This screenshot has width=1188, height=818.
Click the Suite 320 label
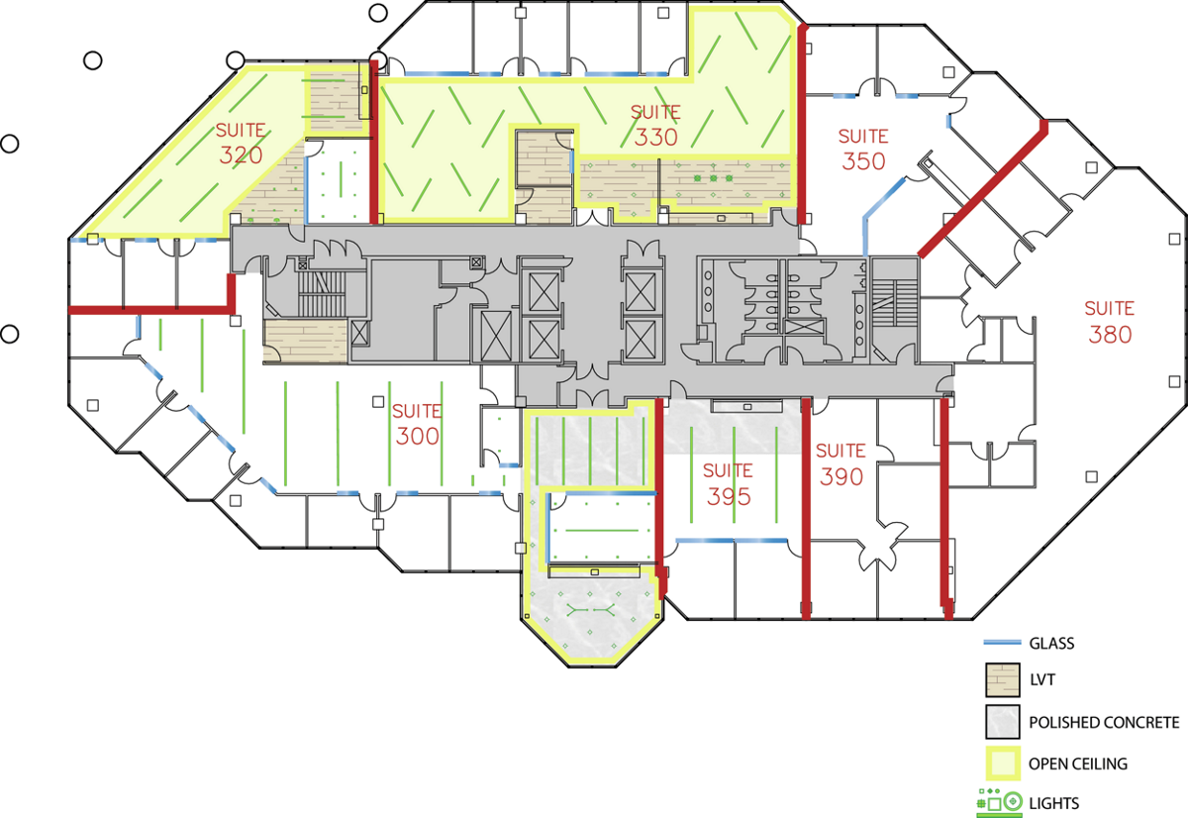tap(241, 144)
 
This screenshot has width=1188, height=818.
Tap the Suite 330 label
tap(655, 125)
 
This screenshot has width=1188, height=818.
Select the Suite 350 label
tap(863, 150)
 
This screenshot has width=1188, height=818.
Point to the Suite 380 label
tap(1110, 322)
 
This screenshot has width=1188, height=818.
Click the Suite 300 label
tap(417, 425)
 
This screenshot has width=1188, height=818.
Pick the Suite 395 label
tap(729, 484)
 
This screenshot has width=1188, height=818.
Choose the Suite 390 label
tap(841, 464)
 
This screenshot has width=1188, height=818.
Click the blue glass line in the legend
tap(1002, 643)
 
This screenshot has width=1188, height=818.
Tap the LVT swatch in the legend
tap(1002, 679)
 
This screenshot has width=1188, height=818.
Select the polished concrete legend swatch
tap(1002, 722)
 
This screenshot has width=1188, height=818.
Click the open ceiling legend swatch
tap(1002, 764)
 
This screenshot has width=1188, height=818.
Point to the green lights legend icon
tap(1000, 803)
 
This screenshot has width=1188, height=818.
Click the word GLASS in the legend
tap(1051, 644)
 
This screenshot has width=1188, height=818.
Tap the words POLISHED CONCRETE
tap(1104, 723)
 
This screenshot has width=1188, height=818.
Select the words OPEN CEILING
tap(1078, 764)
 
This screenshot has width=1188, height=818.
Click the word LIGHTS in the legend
tap(1053, 804)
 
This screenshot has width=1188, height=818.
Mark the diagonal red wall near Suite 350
tap(983, 189)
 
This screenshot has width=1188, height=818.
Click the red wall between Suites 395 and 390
tap(806, 508)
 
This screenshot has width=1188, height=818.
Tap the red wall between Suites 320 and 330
tap(374, 142)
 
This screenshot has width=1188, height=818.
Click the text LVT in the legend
tap(1042, 680)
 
